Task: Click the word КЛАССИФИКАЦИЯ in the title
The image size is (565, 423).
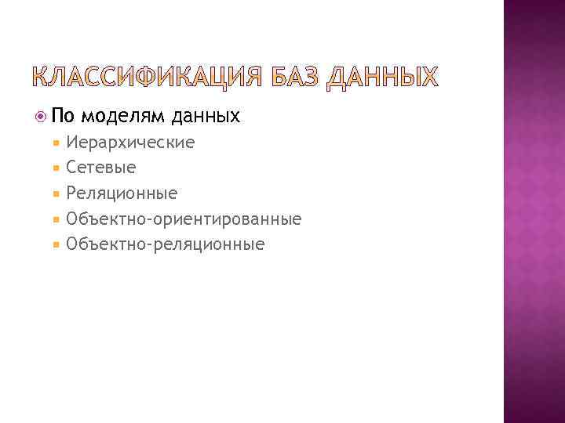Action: (145, 77)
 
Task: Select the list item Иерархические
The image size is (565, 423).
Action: (130, 143)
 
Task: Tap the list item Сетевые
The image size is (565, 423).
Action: (101, 168)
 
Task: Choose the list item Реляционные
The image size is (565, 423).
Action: (122, 193)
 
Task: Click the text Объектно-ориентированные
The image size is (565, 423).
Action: (184, 219)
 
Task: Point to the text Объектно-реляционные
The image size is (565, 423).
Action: (166, 244)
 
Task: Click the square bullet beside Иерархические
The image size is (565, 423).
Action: (57, 143)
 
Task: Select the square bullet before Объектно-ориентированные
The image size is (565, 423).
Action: (57, 219)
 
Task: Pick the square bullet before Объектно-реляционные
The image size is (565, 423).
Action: (57, 244)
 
